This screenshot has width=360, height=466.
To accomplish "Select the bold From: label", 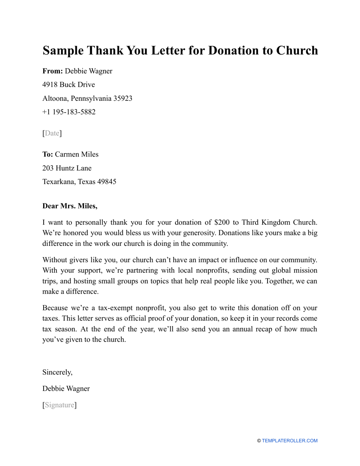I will click(53, 71).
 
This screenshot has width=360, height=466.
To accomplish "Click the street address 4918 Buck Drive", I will click(69, 85).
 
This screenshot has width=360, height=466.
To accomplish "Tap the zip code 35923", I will click(123, 99).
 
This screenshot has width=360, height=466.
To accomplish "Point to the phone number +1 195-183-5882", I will click(69, 112).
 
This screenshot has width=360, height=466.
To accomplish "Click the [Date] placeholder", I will click(52, 133).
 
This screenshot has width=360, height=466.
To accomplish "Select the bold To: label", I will click(48, 155).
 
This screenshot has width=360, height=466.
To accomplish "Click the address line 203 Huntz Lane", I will click(67, 168).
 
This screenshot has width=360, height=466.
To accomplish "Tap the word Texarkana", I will click(59, 182).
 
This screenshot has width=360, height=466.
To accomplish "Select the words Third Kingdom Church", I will click(279, 222).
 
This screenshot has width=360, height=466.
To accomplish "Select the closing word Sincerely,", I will click(57, 372).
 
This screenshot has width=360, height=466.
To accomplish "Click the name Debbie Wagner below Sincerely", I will click(66, 389).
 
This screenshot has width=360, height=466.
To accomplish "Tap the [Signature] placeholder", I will click(59, 405).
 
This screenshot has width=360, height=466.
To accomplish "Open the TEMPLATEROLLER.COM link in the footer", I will click(290, 441).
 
